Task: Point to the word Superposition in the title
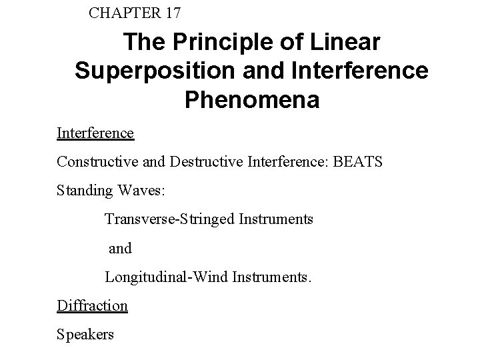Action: (151, 71)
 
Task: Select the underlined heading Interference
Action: (95, 133)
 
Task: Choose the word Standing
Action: (83, 191)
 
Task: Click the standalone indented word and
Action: (120, 248)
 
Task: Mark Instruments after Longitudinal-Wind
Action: (271, 277)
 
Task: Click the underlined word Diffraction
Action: (92, 305)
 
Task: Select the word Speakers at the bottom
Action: (85, 334)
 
